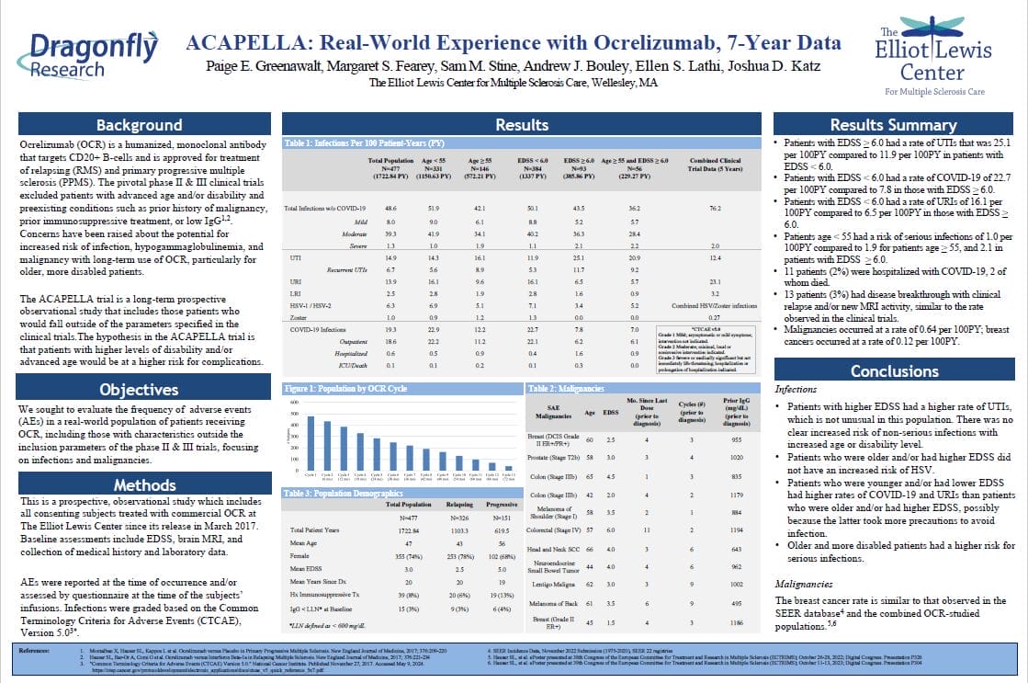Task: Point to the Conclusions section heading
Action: (x=894, y=371)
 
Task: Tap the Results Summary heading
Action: (x=894, y=126)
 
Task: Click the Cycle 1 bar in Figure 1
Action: (x=310, y=445)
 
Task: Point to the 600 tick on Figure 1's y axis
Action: (x=295, y=403)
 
